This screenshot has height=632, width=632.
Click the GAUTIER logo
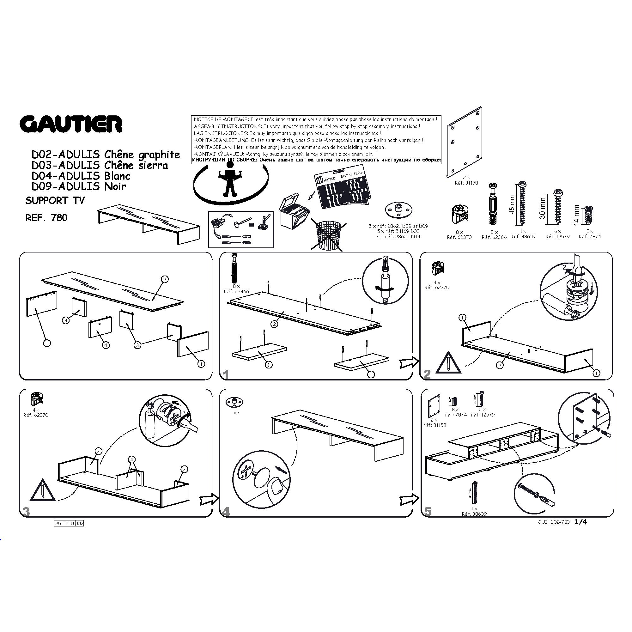click(71, 124)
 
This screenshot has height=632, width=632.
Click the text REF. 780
click(46, 218)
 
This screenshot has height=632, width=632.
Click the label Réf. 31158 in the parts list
click(466, 183)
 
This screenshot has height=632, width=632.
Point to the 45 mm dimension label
click(512, 204)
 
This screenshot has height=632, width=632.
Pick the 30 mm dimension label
click(543, 208)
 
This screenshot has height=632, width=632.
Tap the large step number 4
click(226, 512)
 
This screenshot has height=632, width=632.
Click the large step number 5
click(428, 511)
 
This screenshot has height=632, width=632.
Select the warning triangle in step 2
click(448, 363)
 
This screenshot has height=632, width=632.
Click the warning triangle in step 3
click(43, 491)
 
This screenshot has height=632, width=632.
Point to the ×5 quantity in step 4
click(236, 413)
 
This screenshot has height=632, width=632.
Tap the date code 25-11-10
click(64, 523)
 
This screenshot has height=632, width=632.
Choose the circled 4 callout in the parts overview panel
click(106, 345)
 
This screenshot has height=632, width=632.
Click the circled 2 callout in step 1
click(274, 324)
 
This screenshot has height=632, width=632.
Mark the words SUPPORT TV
click(55, 201)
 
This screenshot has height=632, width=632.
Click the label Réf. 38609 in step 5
click(474, 514)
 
